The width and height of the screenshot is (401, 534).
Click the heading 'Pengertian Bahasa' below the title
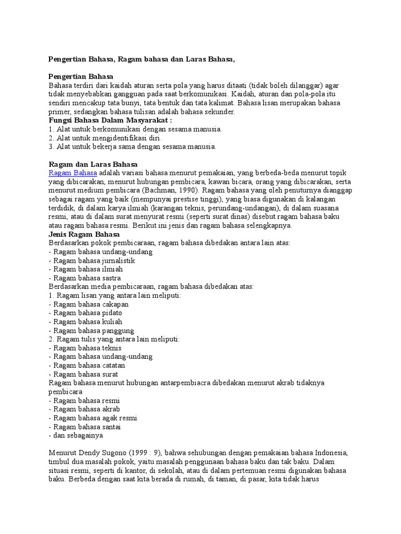coord(84,76)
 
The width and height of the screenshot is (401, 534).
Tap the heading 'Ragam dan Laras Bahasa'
coord(92,164)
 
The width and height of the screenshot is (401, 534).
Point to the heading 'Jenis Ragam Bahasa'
coord(84,235)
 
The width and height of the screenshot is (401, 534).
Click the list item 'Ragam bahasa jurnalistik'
coord(92,261)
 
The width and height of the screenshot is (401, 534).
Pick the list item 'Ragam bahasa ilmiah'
coord(86,270)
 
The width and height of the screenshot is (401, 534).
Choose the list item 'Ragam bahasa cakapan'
coord(88,305)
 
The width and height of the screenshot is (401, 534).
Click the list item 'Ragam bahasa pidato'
coord(86,313)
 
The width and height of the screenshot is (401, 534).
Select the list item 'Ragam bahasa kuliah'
coord(85,322)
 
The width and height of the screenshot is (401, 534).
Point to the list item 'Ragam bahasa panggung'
coord(91,331)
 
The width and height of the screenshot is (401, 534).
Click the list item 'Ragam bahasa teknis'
coord(85,348)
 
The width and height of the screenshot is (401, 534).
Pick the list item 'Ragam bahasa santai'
coord(85,427)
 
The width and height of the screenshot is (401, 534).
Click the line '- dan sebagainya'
coord(76,435)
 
